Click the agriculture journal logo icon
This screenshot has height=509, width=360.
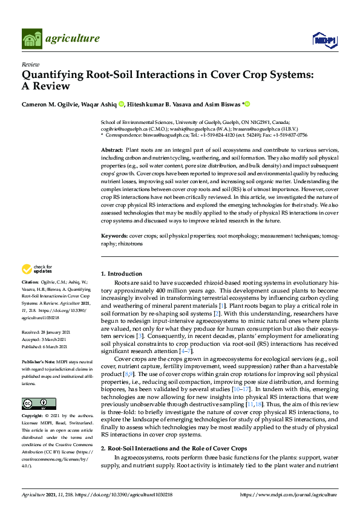(x=31, y=39)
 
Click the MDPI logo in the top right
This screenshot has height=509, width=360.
(x=324, y=40)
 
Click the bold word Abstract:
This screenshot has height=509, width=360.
(x=111, y=149)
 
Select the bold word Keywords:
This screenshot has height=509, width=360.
(x=114, y=235)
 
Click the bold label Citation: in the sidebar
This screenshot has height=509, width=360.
(x=30, y=282)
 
